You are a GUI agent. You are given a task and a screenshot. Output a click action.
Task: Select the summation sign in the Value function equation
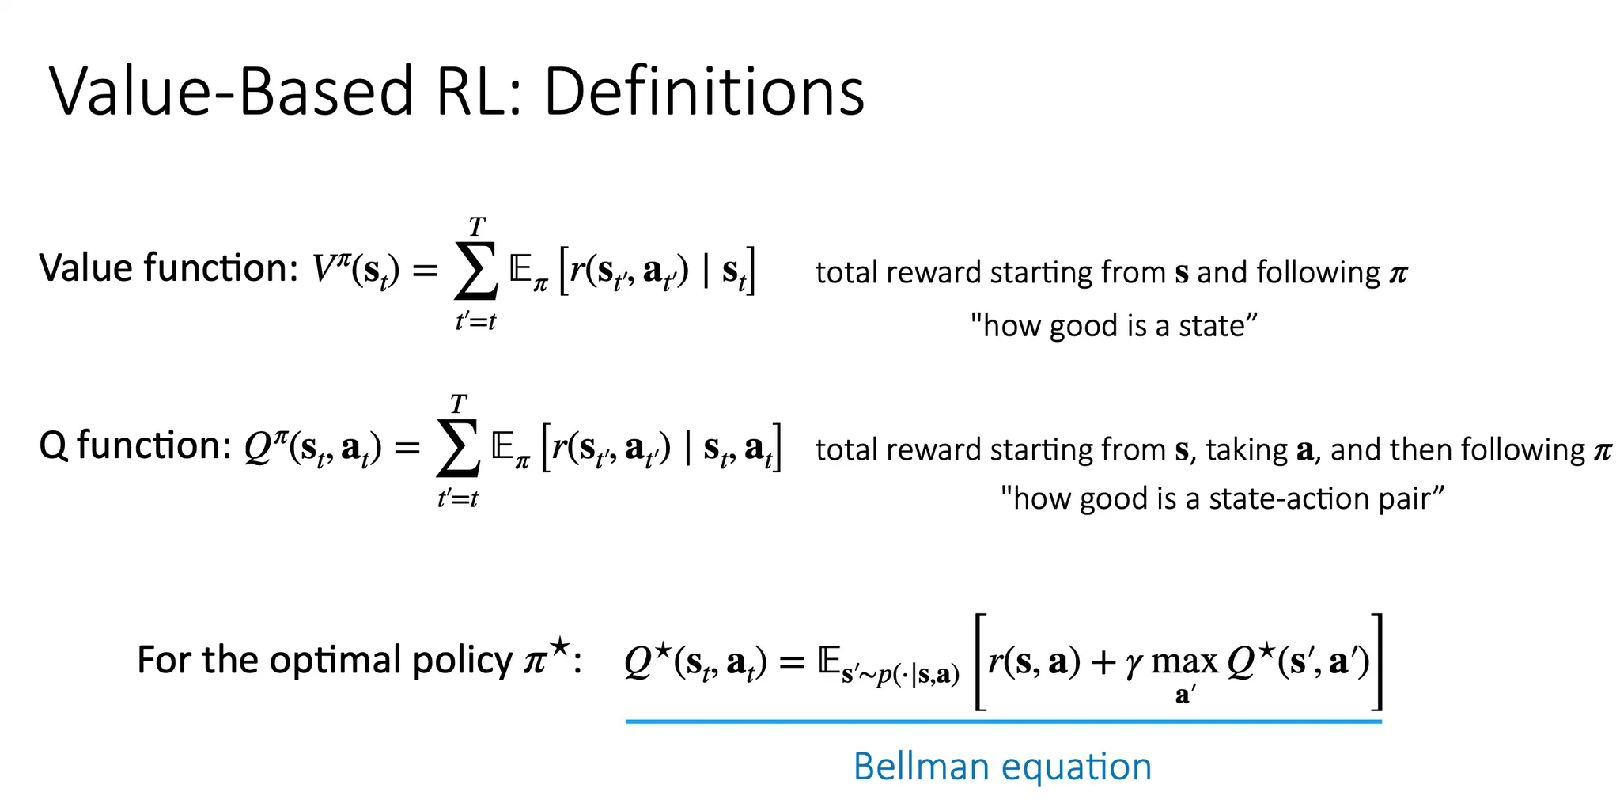pyautogui.click(x=476, y=271)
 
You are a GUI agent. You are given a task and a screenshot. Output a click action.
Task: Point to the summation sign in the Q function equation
pyautogui.click(x=458, y=449)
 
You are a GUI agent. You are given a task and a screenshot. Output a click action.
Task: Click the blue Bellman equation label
pyautogui.click(x=1002, y=767)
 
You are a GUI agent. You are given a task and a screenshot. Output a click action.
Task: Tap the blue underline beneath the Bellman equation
pyautogui.click(x=1004, y=722)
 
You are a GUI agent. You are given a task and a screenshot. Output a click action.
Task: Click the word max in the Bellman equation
pyautogui.click(x=1184, y=661)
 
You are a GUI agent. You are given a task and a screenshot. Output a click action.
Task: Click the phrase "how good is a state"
pyautogui.click(x=1114, y=326)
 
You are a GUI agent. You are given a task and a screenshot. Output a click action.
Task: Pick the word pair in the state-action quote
pyautogui.click(x=1410, y=498)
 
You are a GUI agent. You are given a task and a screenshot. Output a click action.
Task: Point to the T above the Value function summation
pyautogui.click(x=476, y=228)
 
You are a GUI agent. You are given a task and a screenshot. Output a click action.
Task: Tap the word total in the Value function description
pyautogui.click(x=847, y=273)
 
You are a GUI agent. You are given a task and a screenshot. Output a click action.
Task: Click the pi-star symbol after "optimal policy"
pyautogui.click(x=546, y=657)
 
